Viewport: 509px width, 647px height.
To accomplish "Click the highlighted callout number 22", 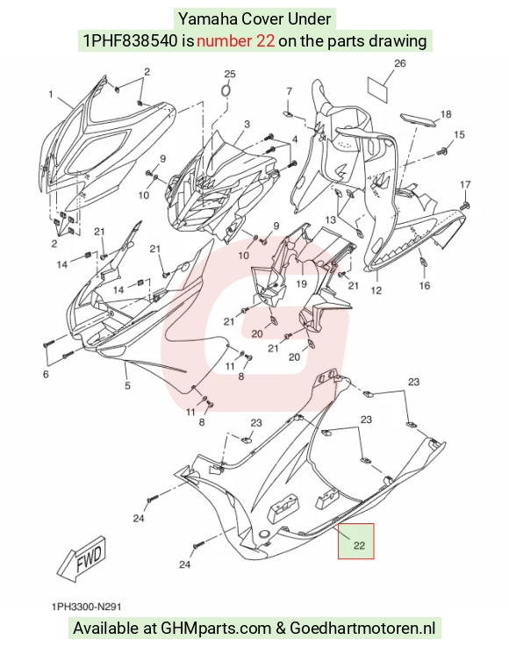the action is pyautogui.click(x=359, y=545).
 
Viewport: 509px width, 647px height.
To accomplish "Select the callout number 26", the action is pyautogui.click(x=399, y=63).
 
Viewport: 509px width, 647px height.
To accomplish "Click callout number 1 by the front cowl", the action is pyautogui.click(x=51, y=95).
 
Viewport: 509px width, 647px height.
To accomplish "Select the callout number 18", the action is pyautogui.click(x=446, y=114).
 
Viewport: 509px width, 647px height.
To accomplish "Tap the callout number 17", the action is pyautogui.click(x=465, y=184).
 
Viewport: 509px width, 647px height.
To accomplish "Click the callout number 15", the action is pyautogui.click(x=459, y=134).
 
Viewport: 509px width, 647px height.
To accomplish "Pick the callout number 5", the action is pyautogui.click(x=127, y=385).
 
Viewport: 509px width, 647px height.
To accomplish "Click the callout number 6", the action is pyautogui.click(x=46, y=374).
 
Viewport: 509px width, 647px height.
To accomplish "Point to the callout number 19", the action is pyautogui.click(x=302, y=284).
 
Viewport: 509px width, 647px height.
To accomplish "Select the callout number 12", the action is pyautogui.click(x=376, y=291).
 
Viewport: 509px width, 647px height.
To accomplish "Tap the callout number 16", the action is pyautogui.click(x=425, y=285).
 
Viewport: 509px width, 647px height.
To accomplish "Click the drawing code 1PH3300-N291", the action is pyautogui.click(x=87, y=607).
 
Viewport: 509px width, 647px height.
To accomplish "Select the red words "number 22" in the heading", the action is pyautogui.click(x=235, y=41).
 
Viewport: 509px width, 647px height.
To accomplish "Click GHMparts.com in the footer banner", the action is pyautogui.click(x=216, y=628).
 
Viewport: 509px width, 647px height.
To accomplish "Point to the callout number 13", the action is pyautogui.click(x=330, y=219).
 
